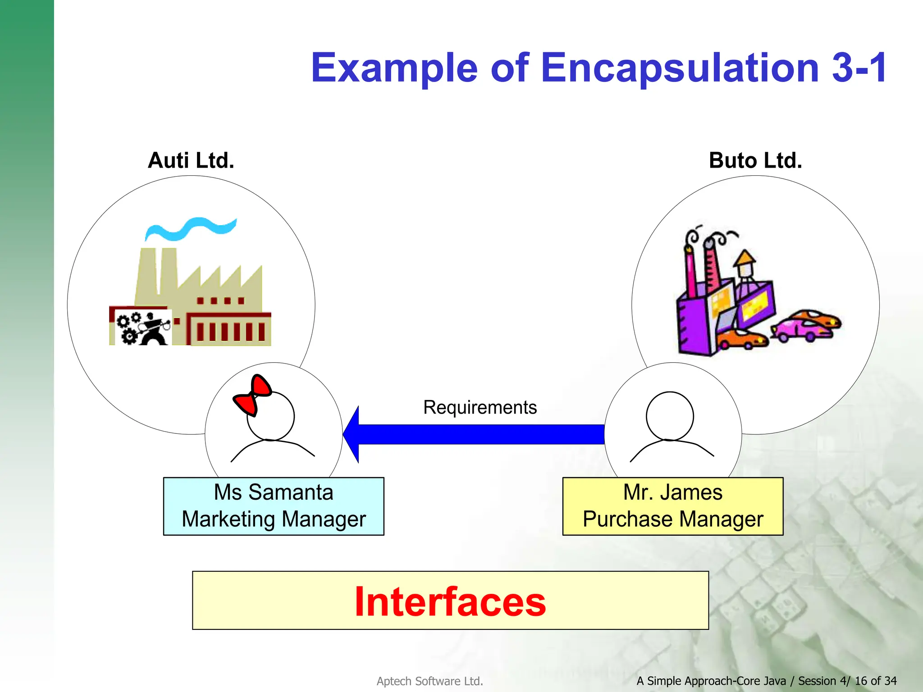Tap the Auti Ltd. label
click(x=191, y=160)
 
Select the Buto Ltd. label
click(x=755, y=160)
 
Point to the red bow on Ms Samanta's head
click(x=252, y=395)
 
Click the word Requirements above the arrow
click(x=480, y=407)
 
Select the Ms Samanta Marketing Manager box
click(x=274, y=506)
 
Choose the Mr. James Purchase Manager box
click(x=673, y=506)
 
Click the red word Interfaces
click(x=450, y=602)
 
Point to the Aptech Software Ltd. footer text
click(x=430, y=681)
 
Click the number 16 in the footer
click(x=861, y=681)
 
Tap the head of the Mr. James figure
click(x=670, y=416)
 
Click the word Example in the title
click(x=394, y=68)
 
